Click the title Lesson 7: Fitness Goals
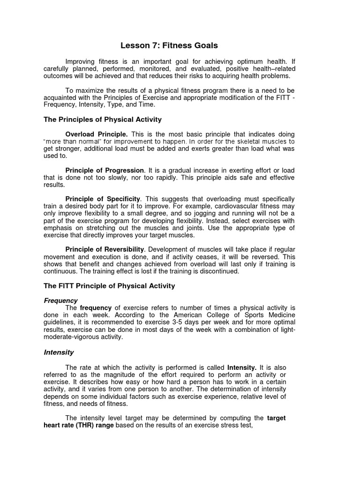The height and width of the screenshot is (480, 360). click(x=169, y=45)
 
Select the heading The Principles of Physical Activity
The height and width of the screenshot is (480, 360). click(x=103, y=120)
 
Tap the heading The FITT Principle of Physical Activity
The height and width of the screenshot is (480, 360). click(x=109, y=285)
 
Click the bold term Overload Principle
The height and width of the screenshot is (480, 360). click(x=97, y=134)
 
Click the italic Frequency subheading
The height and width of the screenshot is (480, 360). click(x=61, y=300)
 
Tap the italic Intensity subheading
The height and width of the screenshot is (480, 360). click(x=59, y=352)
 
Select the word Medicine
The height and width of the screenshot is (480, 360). click(x=279, y=315)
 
